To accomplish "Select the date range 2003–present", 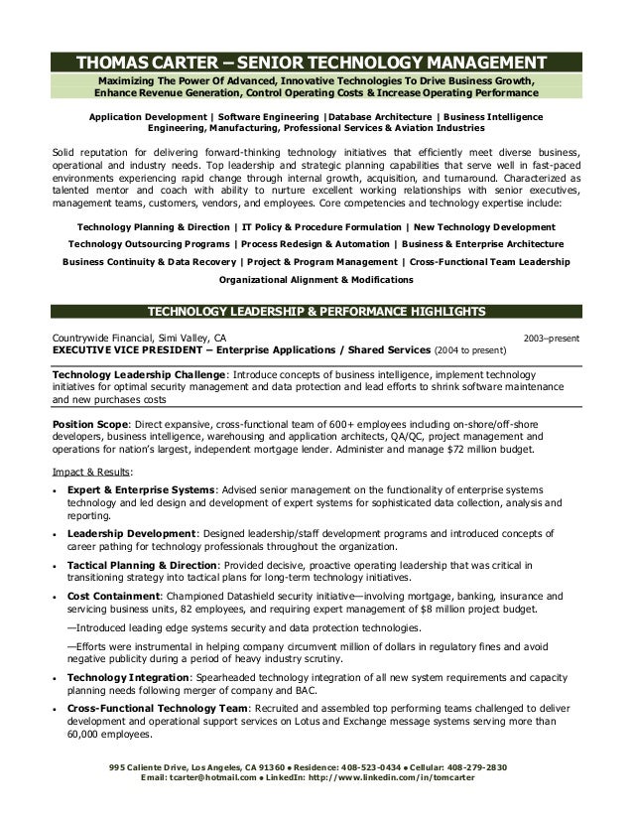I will pos(552,338).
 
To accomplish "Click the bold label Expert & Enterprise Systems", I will pos(140,490).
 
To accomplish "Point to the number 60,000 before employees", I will pos(87,736).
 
